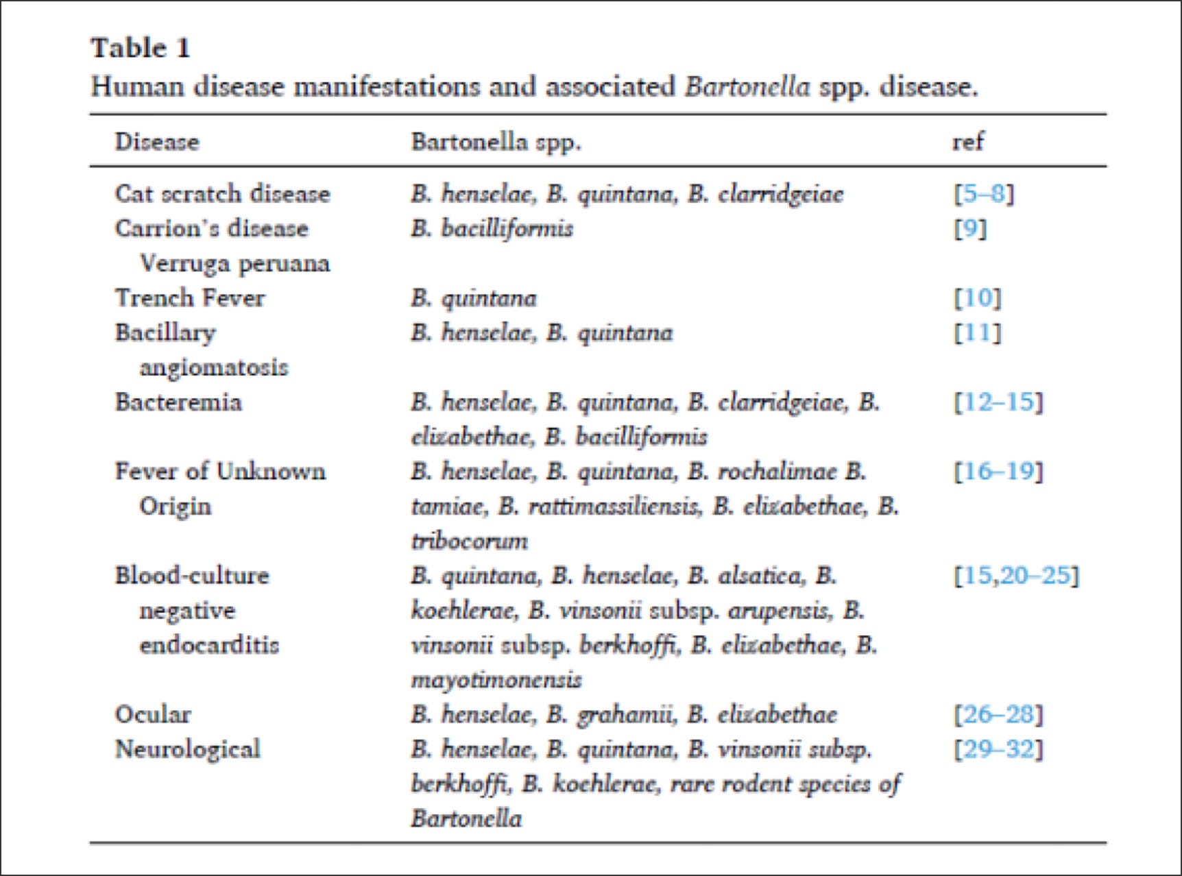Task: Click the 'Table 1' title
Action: point(141,48)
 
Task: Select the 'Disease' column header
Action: point(157,142)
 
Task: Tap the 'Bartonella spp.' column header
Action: point(496,142)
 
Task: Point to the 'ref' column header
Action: point(967,142)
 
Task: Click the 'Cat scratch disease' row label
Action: point(222,194)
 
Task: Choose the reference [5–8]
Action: point(984,194)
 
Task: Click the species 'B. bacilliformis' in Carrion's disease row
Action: point(492,228)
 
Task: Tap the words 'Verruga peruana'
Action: point(234,263)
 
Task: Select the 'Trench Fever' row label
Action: point(190,298)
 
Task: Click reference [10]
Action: point(978,298)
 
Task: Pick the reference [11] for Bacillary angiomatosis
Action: point(978,333)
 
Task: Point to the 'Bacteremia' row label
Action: point(178,402)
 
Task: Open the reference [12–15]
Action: point(998,402)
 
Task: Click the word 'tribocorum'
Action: point(470,542)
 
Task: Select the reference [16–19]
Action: point(998,472)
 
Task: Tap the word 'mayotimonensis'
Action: point(496,680)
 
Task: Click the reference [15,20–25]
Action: point(1016,576)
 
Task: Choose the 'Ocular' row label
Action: point(153,715)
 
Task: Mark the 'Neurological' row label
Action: point(188,749)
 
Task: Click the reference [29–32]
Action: point(998,749)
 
